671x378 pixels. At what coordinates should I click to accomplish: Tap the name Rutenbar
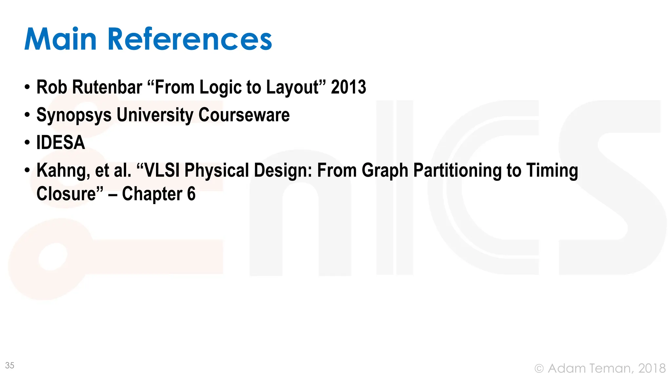click(107, 87)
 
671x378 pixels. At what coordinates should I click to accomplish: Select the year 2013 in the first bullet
click(348, 87)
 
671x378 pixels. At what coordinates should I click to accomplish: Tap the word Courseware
click(244, 115)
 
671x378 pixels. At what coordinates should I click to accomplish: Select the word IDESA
click(61, 143)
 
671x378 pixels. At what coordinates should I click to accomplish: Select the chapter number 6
click(191, 194)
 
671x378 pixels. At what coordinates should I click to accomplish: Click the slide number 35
click(10, 366)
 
